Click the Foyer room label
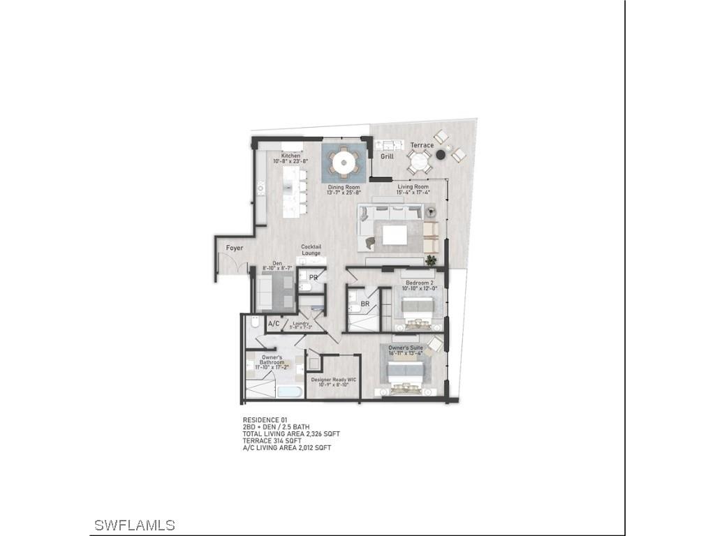(235, 248)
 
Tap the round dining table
(344, 163)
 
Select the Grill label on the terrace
(387, 156)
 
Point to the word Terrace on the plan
(422, 145)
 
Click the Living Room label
(413, 187)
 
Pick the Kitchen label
(291, 156)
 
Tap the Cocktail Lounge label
(311, 250)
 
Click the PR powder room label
(314, 277)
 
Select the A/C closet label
(274, 324)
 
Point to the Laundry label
(301, 323)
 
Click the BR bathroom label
(364, 304)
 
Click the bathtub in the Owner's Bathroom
(290, 392)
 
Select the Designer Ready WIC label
(333, 380)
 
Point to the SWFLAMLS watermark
(134, 525)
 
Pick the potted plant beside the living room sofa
(431, 260)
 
